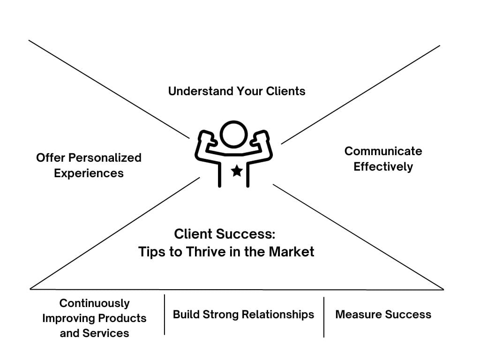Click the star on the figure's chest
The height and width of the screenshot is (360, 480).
click(237, 171)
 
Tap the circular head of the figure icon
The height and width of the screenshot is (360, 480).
click(233, 135)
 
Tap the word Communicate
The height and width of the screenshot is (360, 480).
click(383, 151)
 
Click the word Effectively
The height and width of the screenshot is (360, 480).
click(383, 166)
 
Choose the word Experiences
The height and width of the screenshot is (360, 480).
click(89, 173)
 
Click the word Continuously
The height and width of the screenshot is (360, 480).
click(94, 303)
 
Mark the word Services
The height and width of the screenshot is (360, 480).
click(105, 333)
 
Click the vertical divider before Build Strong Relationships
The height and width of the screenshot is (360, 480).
click(165, 315)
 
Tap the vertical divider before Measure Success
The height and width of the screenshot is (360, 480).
click(324, 317)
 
